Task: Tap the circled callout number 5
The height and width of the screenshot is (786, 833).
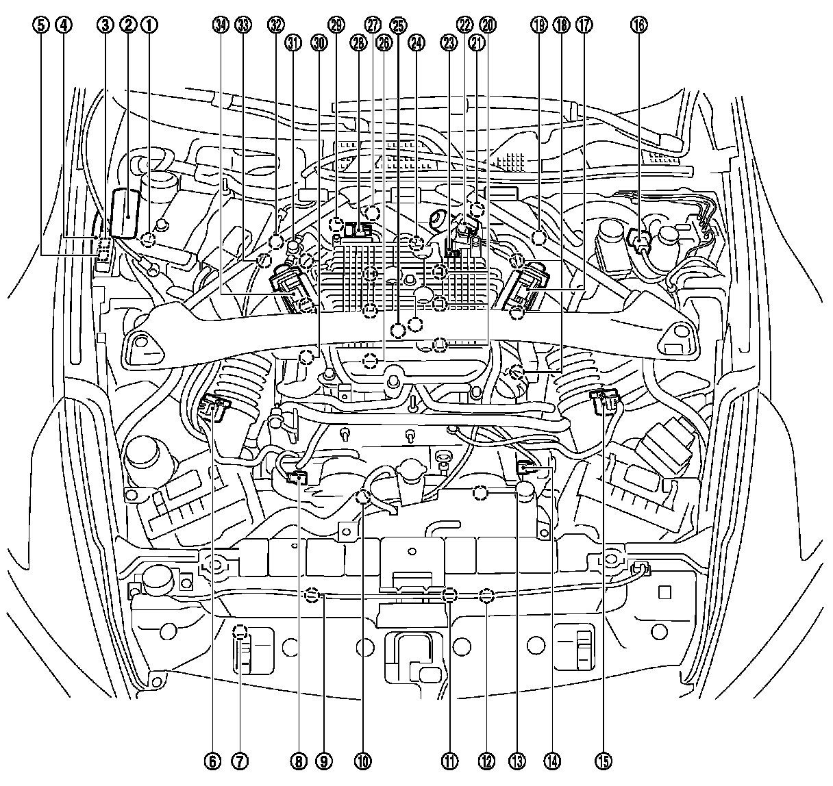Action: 42,25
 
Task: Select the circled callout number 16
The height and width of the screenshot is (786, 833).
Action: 638,25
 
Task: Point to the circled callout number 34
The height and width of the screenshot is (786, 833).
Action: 220,25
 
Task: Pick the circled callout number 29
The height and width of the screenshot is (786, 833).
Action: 336,25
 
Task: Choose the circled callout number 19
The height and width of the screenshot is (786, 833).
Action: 538,25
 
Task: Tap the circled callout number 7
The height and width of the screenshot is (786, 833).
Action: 239,760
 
